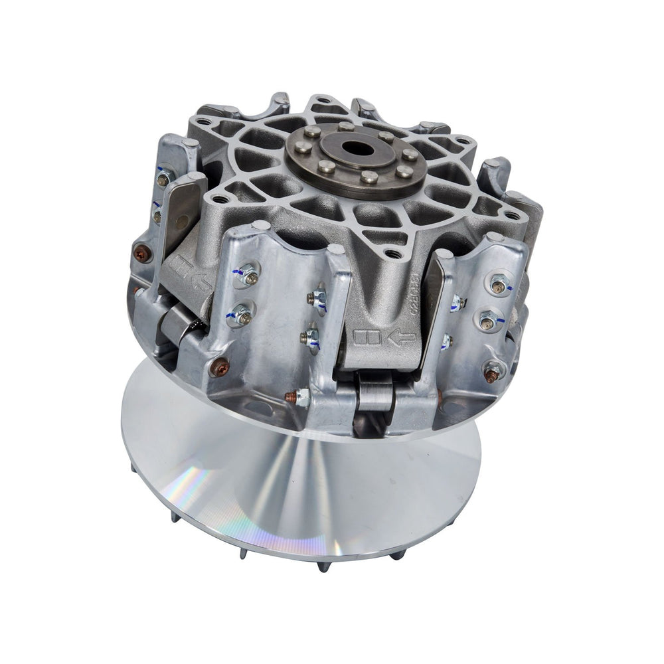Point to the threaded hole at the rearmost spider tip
tap(323, 102)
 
